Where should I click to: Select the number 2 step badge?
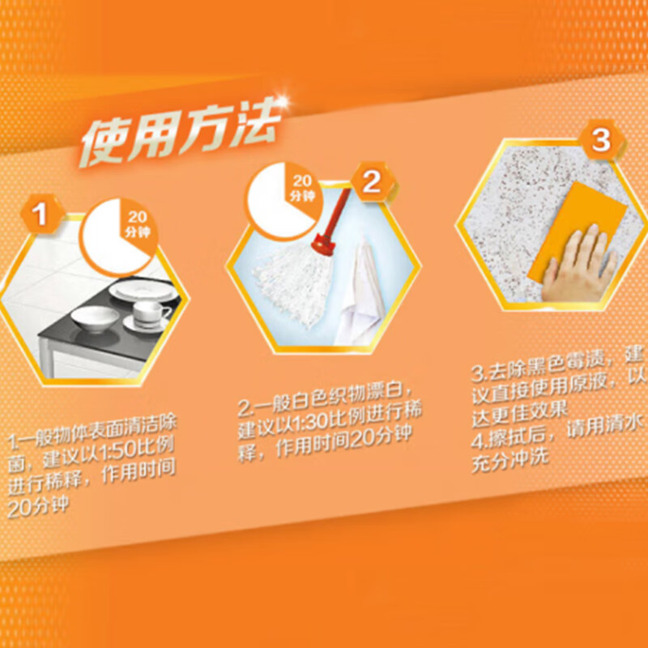[370, 181]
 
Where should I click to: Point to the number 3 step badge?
[600, 140]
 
